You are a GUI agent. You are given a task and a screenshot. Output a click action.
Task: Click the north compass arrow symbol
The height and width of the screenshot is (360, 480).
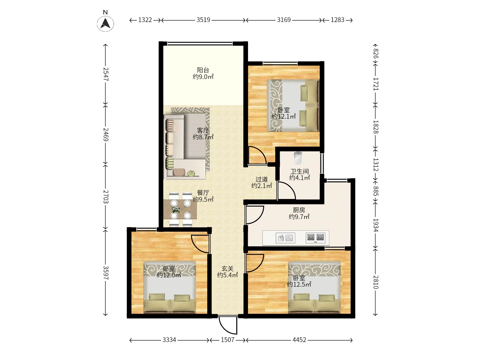[105, 23]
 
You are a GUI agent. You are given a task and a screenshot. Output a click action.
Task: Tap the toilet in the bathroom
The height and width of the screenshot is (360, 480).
[298, 158]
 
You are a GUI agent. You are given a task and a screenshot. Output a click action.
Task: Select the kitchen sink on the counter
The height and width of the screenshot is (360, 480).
[285, 238]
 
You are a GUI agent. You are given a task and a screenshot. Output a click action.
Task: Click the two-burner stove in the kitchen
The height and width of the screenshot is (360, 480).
[315, 238]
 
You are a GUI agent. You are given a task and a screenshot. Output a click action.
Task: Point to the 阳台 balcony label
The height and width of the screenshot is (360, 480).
[203, 70]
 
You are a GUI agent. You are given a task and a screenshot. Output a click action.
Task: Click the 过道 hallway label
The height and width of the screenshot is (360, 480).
[262, 179]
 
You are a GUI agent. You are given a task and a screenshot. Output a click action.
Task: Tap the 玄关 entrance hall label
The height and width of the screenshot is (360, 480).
[227, 268]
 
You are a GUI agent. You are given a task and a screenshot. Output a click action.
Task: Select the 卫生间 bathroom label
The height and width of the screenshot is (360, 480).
[299, 171]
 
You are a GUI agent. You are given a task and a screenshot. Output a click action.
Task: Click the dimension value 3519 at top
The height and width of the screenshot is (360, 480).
[203, 20]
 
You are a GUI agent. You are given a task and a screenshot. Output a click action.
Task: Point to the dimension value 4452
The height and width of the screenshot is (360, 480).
[299, 340]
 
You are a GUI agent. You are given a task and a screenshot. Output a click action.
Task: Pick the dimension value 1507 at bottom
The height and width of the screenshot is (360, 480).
[227, 340]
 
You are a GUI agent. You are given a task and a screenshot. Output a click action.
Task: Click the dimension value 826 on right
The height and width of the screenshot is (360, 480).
[376, 54]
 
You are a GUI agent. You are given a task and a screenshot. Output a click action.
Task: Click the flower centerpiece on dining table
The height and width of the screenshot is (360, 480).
[175, 209]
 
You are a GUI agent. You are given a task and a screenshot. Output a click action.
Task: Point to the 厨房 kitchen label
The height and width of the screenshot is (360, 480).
[299, 210]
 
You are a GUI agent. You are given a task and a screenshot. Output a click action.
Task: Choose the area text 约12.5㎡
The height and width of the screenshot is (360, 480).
[299, 284]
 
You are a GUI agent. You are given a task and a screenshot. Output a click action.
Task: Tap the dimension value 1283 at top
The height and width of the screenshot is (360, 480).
[337, 20]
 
